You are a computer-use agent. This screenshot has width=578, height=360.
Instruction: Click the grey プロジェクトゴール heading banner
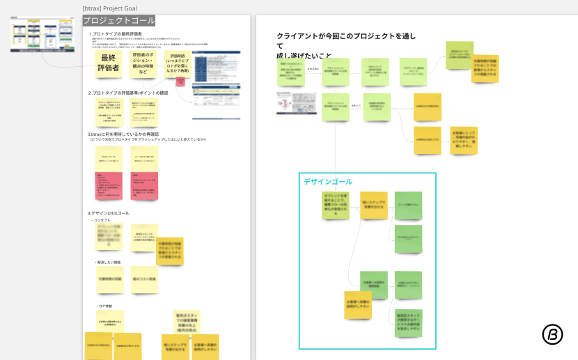coord(119,21)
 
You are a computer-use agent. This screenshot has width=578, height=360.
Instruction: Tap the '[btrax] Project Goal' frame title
coord(109,8)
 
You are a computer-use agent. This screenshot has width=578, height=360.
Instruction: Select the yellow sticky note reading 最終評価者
coord(109,63)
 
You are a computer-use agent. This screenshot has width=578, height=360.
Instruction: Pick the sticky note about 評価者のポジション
coord(143,63)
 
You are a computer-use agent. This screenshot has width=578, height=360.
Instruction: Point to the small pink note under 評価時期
coord(181,82)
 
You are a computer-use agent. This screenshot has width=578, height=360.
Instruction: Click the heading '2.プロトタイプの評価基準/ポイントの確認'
coord(128,93)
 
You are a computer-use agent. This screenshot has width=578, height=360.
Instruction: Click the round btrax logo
coord(552,334)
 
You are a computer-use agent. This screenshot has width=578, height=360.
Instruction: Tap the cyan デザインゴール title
coord(327,182)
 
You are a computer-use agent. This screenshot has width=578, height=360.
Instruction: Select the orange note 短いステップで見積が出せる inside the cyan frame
coord(374,205)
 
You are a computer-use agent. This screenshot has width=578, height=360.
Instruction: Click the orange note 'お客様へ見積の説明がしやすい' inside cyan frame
coord(357,305)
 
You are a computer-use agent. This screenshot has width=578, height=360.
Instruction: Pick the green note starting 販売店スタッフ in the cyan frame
coord(408,322)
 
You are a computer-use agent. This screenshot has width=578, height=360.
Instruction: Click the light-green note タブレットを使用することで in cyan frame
coord(335,205)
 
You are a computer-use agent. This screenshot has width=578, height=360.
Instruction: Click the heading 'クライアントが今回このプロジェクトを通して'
coord(346,36)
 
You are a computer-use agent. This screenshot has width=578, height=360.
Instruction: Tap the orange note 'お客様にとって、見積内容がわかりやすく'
coord(463,140)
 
